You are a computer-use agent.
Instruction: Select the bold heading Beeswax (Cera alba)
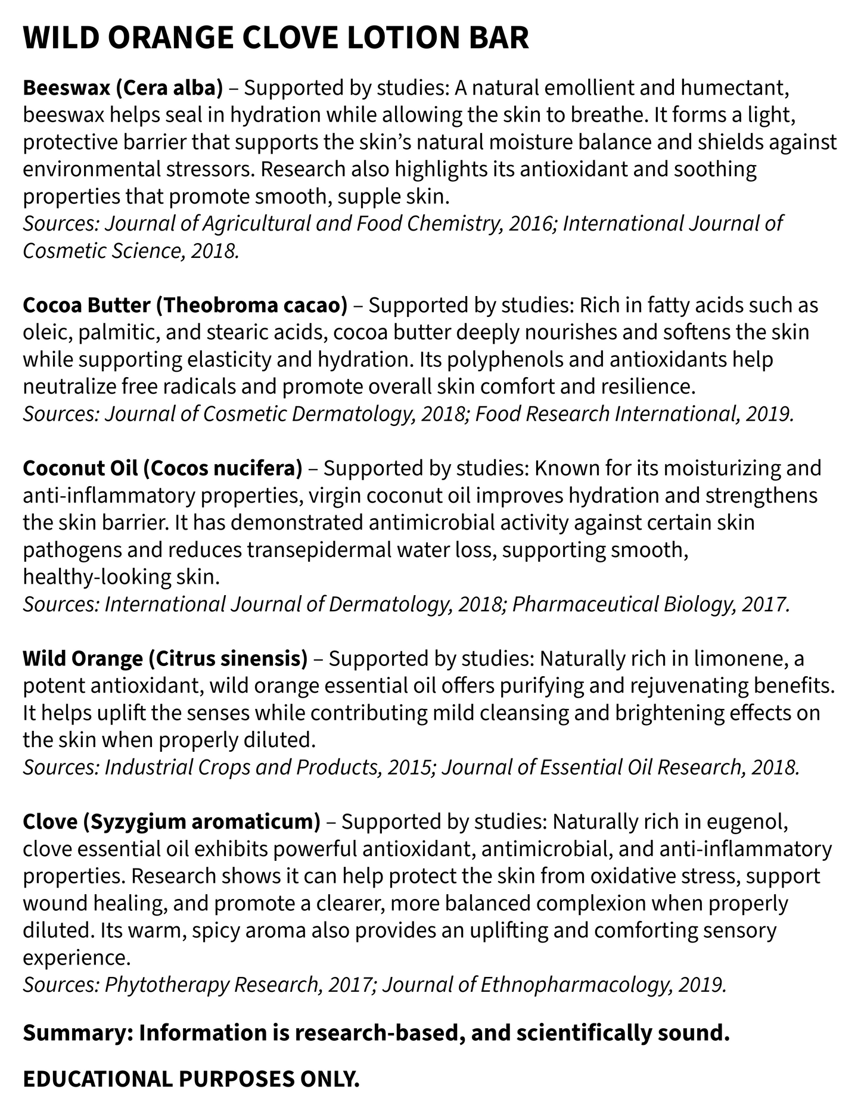click(123, 88)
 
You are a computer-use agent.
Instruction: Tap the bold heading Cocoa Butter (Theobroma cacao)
click(185, 305)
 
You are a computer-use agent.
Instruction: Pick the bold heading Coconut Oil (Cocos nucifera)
click(163, 468)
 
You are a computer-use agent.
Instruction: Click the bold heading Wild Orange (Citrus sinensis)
click(165, 658)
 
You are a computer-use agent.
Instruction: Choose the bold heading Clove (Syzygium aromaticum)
click(172, 822)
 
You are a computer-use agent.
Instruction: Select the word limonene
click(735, 658)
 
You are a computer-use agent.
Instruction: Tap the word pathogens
click(72, 549)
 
